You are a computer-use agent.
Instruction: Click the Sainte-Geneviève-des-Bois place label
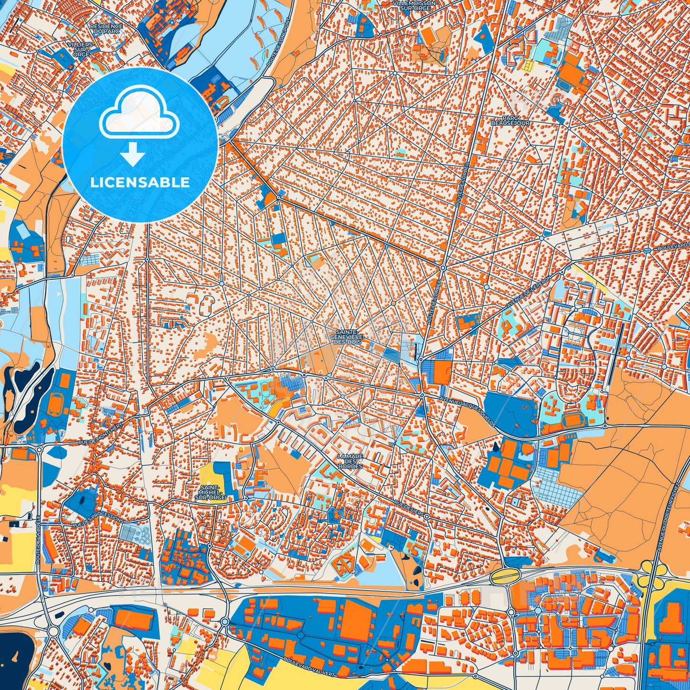(x=347, y=337)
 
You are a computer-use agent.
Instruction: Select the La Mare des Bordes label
(x=350, y=461)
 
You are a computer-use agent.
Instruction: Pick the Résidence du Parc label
(x=106, y=29)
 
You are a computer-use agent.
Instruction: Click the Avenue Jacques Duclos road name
(x=467, y=411)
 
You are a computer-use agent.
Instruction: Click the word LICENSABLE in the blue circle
(x=140, y=182)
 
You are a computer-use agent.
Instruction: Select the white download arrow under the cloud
(x=133, y=155)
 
